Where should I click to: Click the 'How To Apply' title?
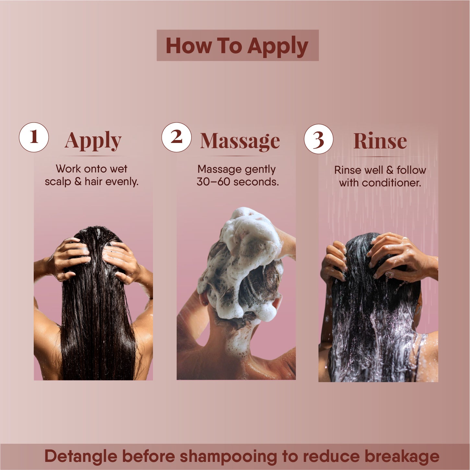[237, 46]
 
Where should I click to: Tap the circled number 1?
[34, 137]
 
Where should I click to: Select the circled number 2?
[176, 137]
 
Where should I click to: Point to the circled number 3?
[319, 139]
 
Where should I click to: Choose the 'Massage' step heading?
[240, 141]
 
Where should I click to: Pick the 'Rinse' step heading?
[380, 141]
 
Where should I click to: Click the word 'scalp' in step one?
[58, 182]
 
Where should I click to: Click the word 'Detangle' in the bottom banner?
[81, 456]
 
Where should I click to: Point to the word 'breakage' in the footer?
[402, 456]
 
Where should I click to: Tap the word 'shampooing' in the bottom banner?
[228, 456]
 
